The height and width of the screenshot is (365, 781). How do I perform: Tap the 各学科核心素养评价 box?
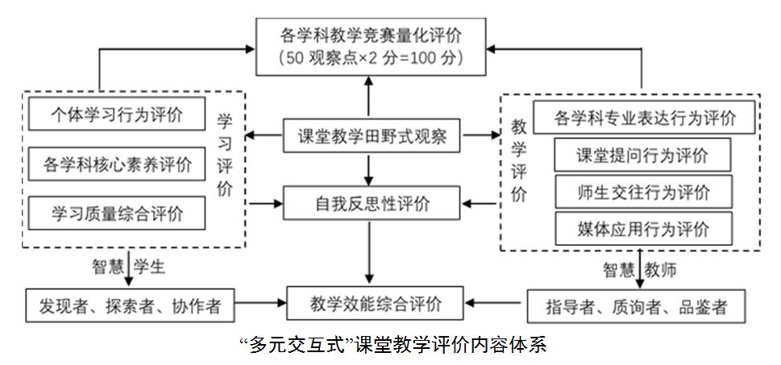(x=116, y=164)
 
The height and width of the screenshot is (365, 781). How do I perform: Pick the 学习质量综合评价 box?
(x=116, y=214)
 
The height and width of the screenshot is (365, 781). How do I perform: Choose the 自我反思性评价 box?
(x=371, y=203)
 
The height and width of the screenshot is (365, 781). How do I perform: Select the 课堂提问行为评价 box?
(x=642, y=156)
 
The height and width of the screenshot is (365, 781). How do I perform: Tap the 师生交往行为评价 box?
(x=642, y=192)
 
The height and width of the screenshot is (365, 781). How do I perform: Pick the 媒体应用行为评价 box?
(x=642, y=228)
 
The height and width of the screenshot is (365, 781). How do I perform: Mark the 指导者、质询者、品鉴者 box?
(x=636, y=306)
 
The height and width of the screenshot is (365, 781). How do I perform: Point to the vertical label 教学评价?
(x=519, y=160)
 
